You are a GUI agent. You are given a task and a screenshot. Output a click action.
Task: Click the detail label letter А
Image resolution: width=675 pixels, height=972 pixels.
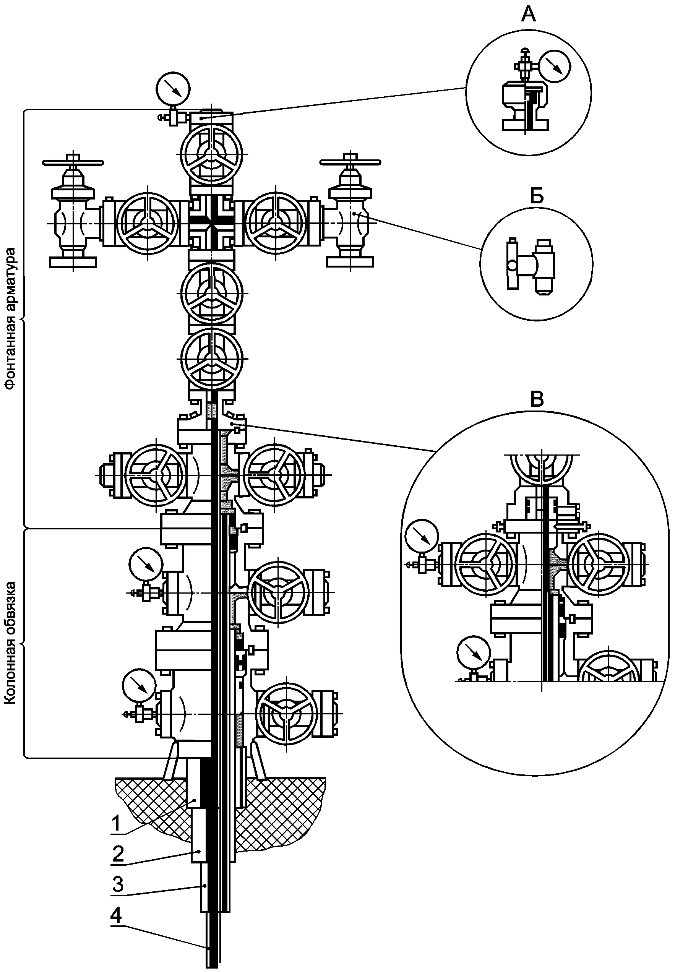tap(529, 15)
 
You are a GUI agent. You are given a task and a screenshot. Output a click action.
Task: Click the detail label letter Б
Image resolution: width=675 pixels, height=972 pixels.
tap(537, 197)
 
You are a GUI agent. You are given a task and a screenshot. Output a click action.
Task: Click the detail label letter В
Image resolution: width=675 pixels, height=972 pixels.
tap(537, 399)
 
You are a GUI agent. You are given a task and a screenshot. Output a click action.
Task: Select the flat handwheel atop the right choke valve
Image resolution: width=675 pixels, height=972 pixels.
tap(350, 162)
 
